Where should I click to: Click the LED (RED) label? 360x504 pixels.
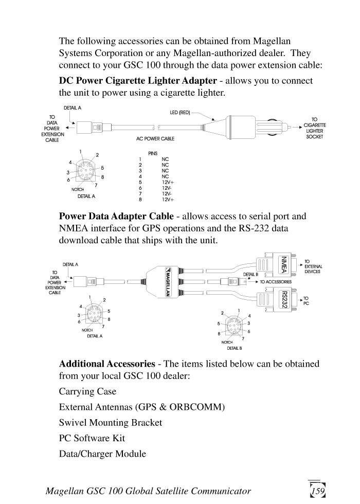(x=180, y=112)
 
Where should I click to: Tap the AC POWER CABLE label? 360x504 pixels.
(x=155, y=139)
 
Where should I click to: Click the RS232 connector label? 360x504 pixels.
(x=282, y=299)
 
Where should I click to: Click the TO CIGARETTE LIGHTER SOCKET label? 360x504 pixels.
(x=314, y=128)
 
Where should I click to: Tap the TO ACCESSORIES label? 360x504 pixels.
(x=275, y=282)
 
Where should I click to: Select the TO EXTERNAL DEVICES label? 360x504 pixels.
(x=313, y=266)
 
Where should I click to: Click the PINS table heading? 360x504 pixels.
(x=153, y=153)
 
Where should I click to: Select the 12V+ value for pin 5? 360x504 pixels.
(x=168, y=182)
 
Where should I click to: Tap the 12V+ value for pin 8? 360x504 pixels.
(x=168, y=200)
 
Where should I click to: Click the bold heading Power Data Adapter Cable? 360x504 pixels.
(x=116, y=217)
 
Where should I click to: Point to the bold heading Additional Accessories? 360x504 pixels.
(x=107, y=364)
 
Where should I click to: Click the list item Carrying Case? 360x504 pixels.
(x=87, y=391)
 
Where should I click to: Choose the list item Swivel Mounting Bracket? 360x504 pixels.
(x=111, y=423)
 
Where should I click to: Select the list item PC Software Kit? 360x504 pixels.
(x=92, y=438)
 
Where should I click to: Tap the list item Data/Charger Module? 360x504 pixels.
(x=102, y=454)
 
